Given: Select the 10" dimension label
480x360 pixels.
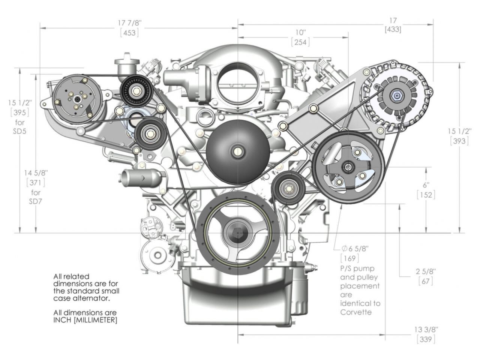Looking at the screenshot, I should click(x=301, y=32).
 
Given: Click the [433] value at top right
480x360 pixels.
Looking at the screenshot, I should click(x=393, y=30).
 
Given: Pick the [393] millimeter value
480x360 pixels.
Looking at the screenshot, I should click(x=459, y=141).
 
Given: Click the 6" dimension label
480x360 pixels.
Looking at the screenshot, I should click(x=426, y=185).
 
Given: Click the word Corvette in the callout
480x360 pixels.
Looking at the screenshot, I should click(x=356, y=312).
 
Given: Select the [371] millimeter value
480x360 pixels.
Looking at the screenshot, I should click(x=36, y=183).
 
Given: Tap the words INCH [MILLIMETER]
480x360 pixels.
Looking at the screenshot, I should click(x=85, y=320).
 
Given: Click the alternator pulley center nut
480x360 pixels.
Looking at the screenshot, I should click(x=396, y=96).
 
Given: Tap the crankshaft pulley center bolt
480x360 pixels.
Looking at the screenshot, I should click(x=237, y=232).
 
